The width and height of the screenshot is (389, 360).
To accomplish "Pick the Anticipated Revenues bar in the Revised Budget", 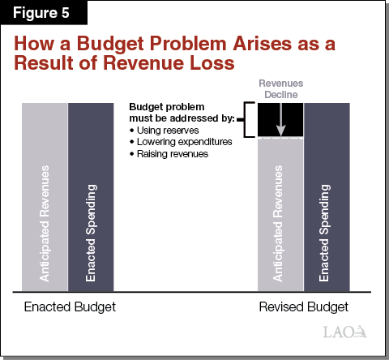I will (x=280, y=215).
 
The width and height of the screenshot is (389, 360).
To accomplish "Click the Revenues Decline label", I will (x=280, y=88).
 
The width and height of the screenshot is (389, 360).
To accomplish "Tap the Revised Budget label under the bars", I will (x=302, y=307).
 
